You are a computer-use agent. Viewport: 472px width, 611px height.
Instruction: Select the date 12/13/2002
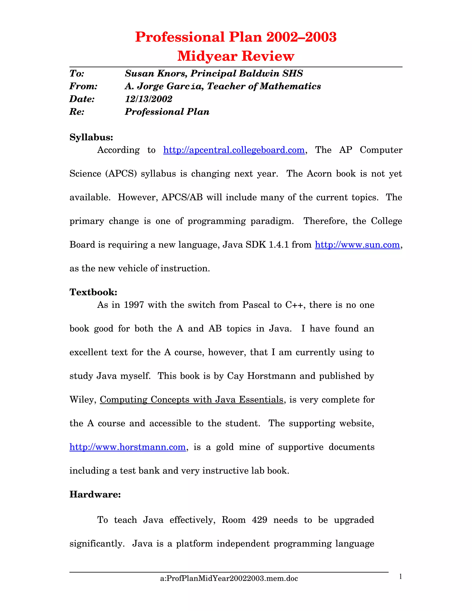click(x=148, y=99)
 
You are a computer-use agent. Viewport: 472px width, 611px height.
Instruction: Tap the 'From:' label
click(x=83, y=86)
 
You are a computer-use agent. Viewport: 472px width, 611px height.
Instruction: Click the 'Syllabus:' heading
click(x=91, y=137)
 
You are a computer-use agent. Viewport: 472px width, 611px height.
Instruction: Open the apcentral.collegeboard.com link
click(x=234, y=150)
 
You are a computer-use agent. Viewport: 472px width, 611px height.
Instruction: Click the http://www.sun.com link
click(x=357, y=245)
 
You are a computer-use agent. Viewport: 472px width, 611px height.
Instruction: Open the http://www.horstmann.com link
click(x=127, y=447)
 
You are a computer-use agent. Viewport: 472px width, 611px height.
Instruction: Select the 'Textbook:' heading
click(x=93, y=292)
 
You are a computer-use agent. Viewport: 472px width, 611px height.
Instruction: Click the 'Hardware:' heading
click(x=95, y=494)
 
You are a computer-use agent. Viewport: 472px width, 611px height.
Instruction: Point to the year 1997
click(x=134, y=305)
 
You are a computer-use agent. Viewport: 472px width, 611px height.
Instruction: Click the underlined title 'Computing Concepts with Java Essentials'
click(x=192, y=400)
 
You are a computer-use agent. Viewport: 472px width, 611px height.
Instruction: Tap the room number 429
click(x=259, y=520)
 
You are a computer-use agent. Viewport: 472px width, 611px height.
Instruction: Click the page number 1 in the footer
click(x=400, y=577)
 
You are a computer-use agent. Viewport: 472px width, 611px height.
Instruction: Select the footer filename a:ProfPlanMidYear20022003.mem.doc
click(x=229, y=578)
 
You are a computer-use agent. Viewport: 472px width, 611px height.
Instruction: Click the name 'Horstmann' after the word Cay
click(x=271, y=376)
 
